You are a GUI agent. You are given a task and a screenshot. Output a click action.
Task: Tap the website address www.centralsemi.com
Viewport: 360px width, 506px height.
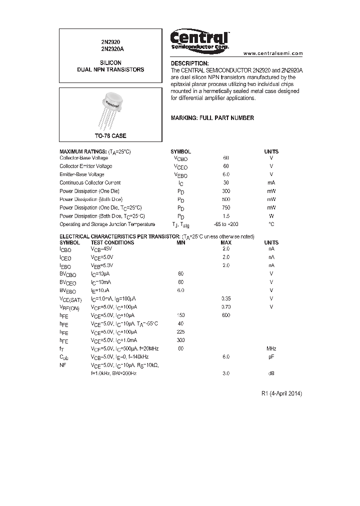pyautogui.click(x=273, y=53)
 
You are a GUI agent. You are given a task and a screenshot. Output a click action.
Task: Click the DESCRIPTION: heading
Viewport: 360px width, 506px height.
pyautogui.click(x=189, y=64)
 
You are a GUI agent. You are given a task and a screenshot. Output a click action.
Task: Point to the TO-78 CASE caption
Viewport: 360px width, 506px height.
pyautogui.click(x=110, y=136)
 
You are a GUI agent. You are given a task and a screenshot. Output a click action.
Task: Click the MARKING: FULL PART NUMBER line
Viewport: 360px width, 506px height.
pyautogui.click(x=212, y=118)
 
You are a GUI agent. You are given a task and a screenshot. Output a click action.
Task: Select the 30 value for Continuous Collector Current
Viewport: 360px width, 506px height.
pyautogui.click(x=226, y=183)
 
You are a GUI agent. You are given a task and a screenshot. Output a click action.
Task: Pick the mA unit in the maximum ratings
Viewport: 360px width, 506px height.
pyautogui.click(x=271, y=183)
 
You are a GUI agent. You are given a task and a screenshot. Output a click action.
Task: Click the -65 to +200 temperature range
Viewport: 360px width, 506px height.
pyautogui.click(x=226, y=224)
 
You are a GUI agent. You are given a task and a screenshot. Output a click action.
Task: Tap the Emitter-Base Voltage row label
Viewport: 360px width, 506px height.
pyautogui.click(x=82, y=174)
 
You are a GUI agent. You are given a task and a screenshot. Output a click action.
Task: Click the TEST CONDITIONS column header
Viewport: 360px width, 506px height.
pyautogui.click(x=112, y=242)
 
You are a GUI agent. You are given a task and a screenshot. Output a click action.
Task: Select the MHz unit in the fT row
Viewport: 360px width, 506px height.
pyautogui.click(x=271, y=348)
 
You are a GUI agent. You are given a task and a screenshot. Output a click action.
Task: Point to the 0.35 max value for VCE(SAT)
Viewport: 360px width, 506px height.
pyautogui.click(x=226, y=298)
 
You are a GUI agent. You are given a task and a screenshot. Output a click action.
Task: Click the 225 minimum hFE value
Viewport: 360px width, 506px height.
pyautogui.click(x=180, y=331)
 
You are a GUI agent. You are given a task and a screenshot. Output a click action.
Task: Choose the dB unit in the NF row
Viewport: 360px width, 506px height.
pyautogui.click(x=271, y=373)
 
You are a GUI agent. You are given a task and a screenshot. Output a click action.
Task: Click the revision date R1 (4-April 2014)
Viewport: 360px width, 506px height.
pyautogui.click(x=281, y=393)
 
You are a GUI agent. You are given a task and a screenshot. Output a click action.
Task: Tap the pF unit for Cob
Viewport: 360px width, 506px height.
pyautogui.click(x=271, y=356)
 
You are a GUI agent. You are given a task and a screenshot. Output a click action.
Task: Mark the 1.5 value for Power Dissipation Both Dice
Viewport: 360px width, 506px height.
pyautogui.click(x=226, y=216)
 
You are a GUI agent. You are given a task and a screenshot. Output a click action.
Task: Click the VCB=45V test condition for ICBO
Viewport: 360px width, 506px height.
pyautogui.click(x=101, y=248)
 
